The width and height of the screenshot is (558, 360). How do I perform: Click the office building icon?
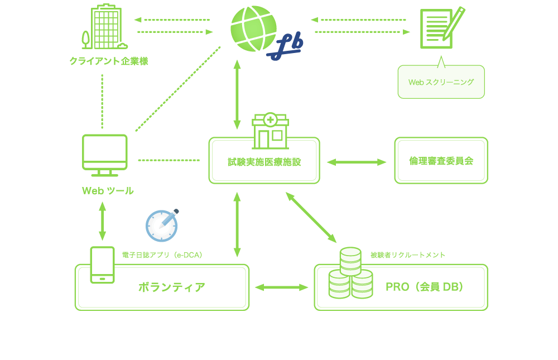click(x=105, y=28)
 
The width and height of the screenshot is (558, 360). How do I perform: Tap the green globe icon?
click(x=253, y=27)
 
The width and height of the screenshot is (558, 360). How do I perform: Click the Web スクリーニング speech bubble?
click(x=441, y=82)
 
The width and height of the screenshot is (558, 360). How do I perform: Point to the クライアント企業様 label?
click(x=109, y=61)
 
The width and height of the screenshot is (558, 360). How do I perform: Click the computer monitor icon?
click(x=105, y=155)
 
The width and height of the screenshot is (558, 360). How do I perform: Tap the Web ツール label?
click(x=108, y=191)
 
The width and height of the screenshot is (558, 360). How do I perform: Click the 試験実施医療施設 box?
click(x=264, y=162)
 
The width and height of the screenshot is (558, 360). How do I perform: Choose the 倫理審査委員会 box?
click(x=441, y=161)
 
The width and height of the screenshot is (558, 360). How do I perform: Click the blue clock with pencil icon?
click(x=162, y=226)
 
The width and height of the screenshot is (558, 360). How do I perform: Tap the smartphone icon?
click(x=102, y=265)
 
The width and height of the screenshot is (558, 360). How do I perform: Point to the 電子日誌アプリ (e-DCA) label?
click(x=162, y=255)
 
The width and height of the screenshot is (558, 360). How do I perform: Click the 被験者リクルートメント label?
click(x=408, y=255)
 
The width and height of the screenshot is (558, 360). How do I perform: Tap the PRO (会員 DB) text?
click(x=425, y=287)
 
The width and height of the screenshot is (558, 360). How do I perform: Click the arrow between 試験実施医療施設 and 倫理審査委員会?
click(x=357, y=162)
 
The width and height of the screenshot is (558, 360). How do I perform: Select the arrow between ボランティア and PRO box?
click(x=281, y=287)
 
